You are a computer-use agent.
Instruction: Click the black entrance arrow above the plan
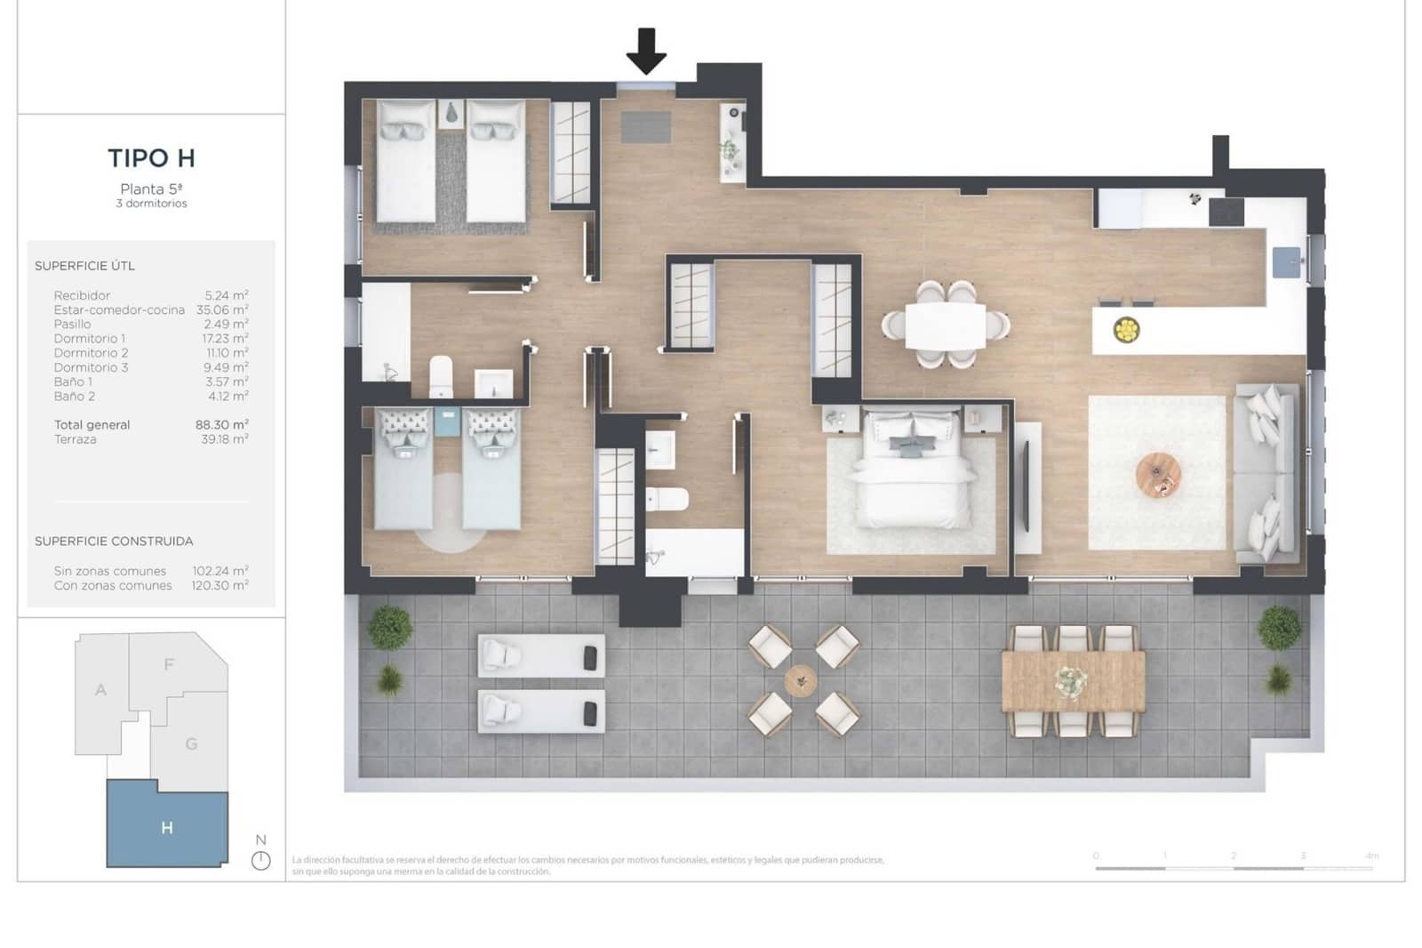coord(646,51)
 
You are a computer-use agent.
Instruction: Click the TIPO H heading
coord(151,158)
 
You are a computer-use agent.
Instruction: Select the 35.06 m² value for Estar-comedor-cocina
coord(222,310)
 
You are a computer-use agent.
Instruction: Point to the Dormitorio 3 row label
coord(91,367)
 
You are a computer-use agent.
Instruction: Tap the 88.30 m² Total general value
coord(222,425)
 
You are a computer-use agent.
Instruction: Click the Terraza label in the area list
coord(76,439)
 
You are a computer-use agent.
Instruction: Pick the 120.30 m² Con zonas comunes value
coord(220,585)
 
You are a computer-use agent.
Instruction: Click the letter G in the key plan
coord(191,743)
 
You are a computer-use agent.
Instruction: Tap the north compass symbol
coord(260,860)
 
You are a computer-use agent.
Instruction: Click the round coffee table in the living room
coord(1158,475)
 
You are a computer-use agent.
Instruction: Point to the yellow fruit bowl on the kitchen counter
coord(1126,330)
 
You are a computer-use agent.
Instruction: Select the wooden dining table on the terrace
coord(1073,681)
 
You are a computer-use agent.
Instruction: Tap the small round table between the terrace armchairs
coord(801,681)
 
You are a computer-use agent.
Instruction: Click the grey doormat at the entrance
coord(646,127)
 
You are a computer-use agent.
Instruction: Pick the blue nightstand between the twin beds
coord(447,422)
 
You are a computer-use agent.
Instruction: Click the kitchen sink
coord(1286,262)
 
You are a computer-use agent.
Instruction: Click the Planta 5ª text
coord(151,189)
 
